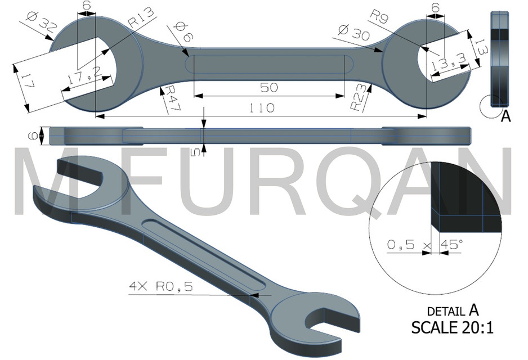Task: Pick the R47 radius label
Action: [x=169, y=100]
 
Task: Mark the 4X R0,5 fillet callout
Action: [x=160, y=287]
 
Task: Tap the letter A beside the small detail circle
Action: [x=505, y=116]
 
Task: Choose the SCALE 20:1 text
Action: [x=452, y=327]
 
